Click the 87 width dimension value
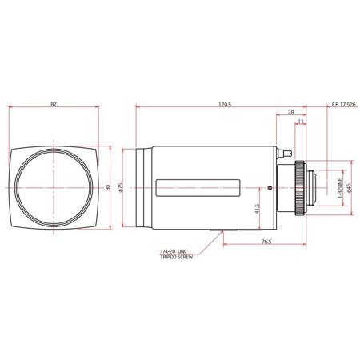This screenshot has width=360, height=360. click(54, 104)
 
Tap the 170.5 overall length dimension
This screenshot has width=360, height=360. click(225, 105)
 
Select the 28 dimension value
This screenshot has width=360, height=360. click(291, 113)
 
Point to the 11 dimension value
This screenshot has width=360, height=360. click(301, 122)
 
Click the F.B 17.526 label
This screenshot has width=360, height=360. click(343, 105)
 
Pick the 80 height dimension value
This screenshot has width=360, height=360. click(108, 187)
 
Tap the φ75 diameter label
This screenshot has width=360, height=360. click(120, 187)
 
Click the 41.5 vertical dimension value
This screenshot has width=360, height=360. click(257, 209)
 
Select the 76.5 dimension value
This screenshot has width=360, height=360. click(266, 242)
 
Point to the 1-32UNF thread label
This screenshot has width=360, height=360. click(340, 188)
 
